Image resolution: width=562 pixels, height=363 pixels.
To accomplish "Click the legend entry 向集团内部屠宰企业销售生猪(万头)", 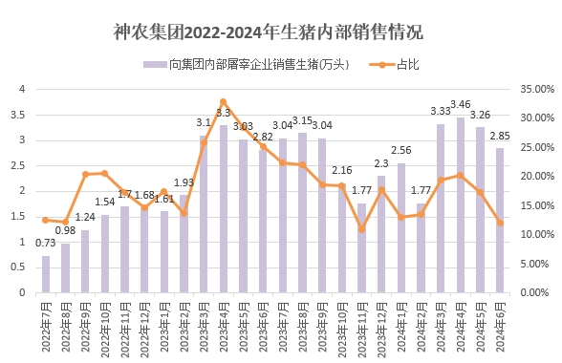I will tap(248, 64).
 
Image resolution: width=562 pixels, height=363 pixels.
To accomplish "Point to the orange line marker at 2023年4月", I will tap(224, 101).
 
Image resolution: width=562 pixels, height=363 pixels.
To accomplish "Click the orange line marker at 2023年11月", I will tap(362, 229).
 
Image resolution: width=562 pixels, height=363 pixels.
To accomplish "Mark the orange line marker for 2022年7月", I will tap(45, 220).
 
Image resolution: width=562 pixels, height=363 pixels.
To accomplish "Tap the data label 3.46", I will tap(462, 103).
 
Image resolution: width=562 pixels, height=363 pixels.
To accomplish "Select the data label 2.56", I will tap(401, 150).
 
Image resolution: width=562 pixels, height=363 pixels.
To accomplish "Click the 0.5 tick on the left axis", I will tap(21, 267).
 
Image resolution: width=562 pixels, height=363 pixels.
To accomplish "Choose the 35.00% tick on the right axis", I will tap(531, 89).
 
